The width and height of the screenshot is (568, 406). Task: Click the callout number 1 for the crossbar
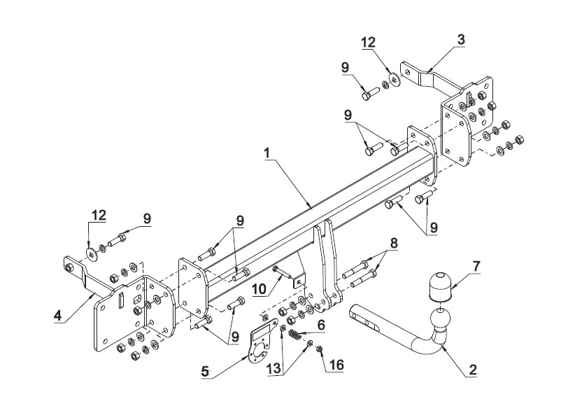267,153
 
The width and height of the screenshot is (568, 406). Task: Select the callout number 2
473,370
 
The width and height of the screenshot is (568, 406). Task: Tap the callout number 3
461,39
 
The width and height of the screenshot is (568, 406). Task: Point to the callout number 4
57,316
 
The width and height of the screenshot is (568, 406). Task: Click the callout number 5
205,372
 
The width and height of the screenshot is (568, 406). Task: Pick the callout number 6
321,325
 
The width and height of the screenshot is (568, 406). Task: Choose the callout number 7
476,267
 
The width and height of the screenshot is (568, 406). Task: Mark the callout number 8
393,243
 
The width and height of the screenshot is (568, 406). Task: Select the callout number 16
336,365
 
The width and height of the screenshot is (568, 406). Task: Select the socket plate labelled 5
263,341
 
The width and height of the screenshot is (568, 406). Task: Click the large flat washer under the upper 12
394,79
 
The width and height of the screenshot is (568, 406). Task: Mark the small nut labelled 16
320,349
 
